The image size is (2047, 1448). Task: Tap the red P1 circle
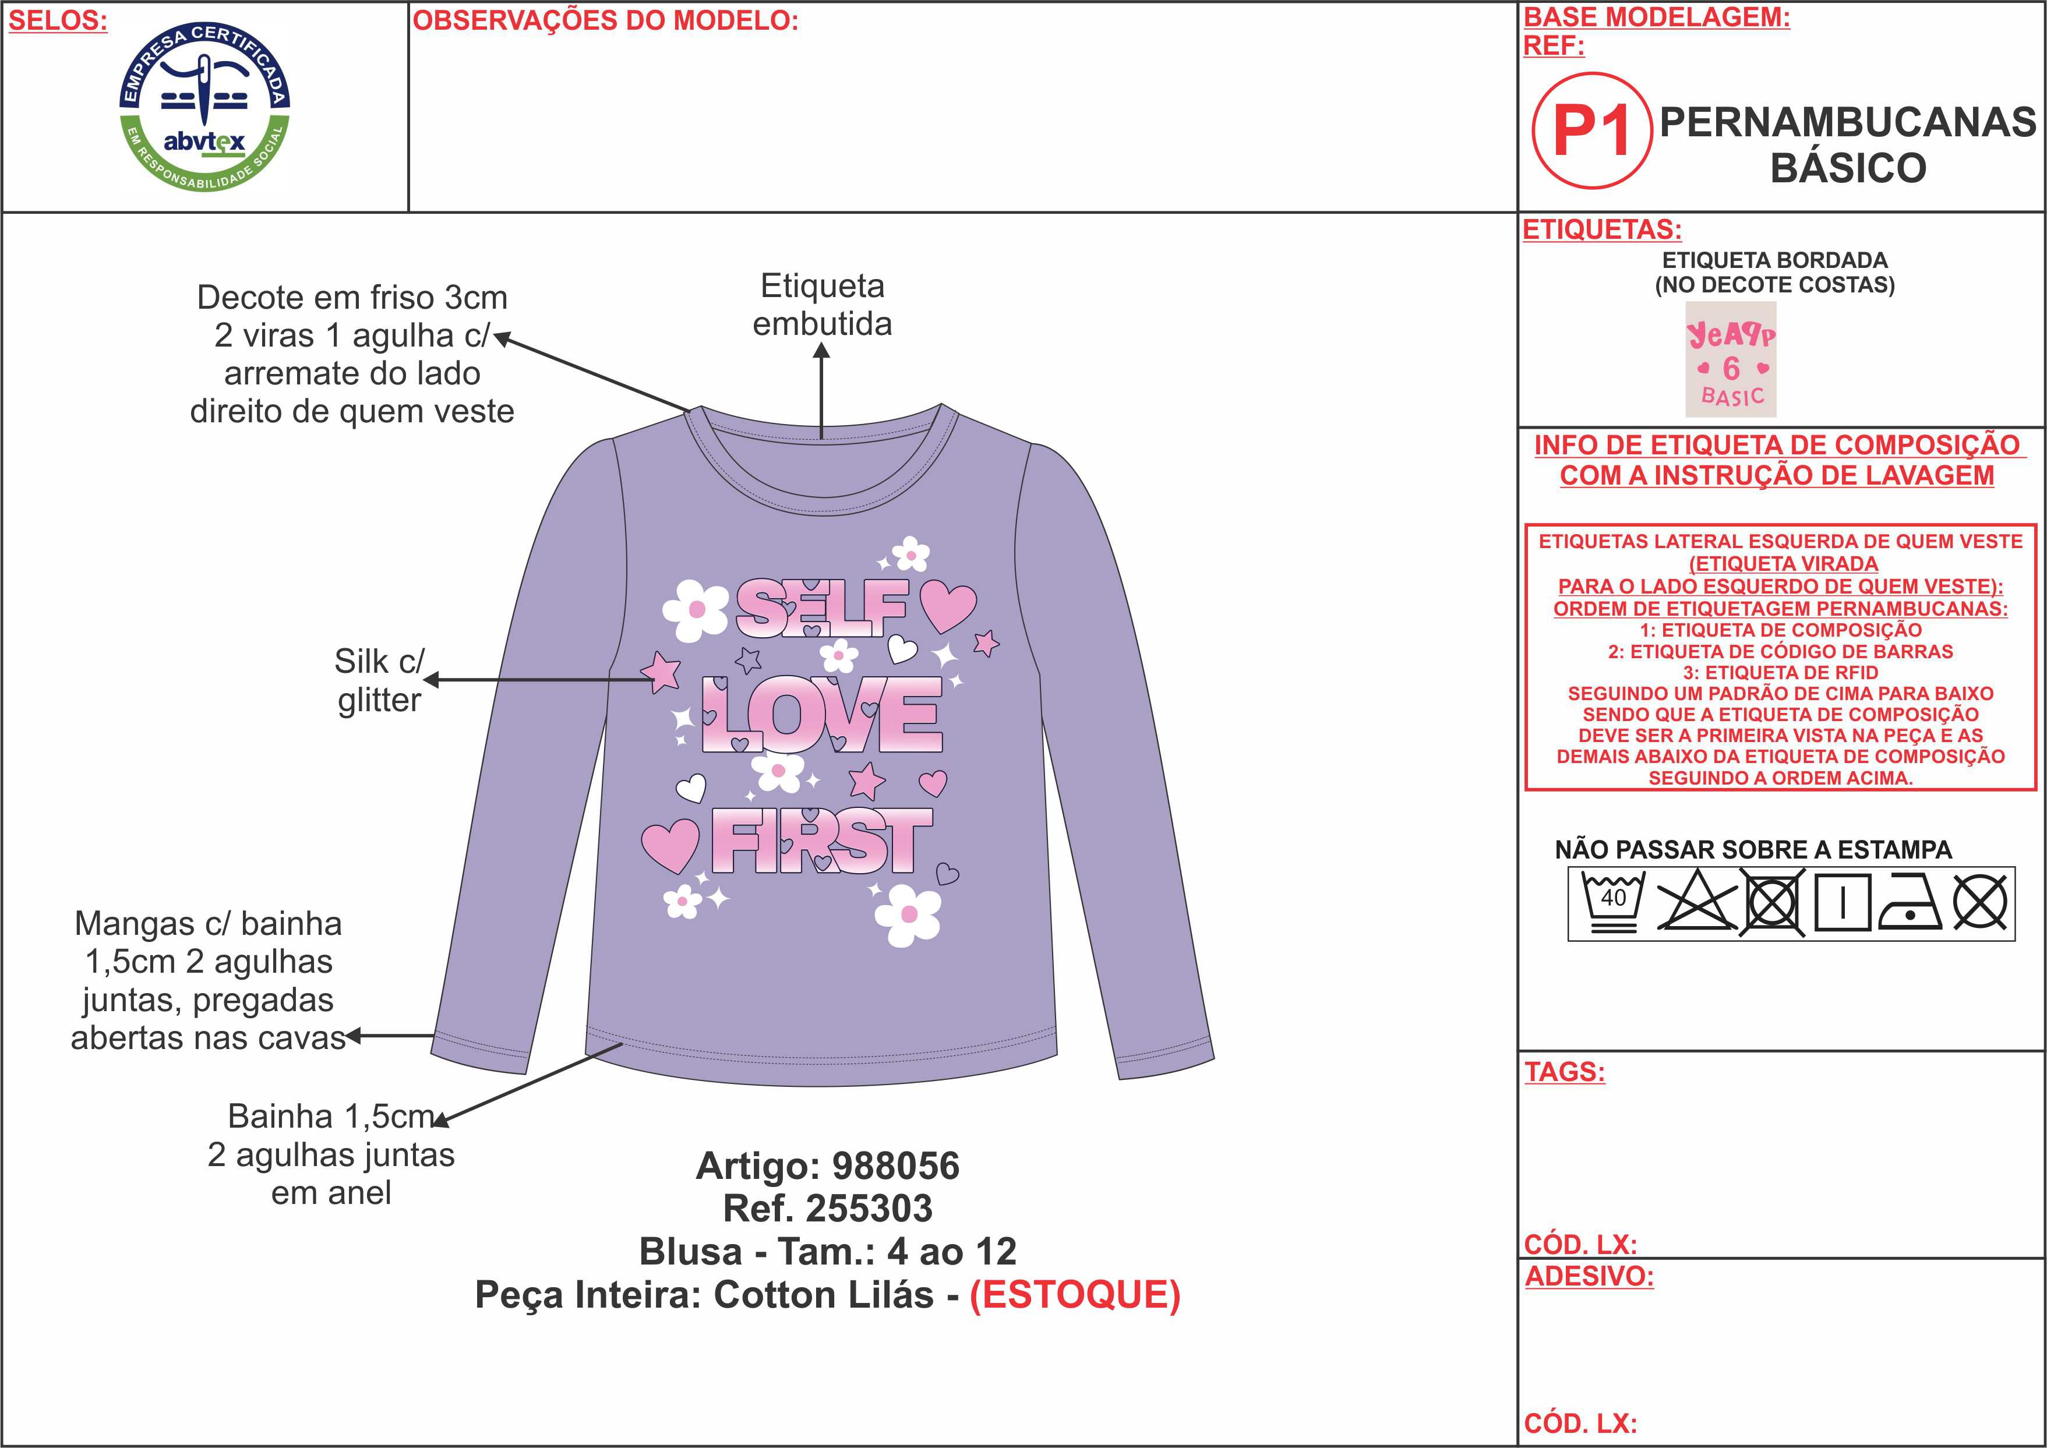1591,130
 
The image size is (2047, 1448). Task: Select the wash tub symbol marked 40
1613,902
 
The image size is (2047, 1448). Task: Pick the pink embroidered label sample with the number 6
1731,359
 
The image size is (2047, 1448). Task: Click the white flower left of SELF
696,610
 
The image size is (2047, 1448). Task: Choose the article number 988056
895,1166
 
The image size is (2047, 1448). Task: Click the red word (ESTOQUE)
1075,1295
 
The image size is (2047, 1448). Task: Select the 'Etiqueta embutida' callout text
822,305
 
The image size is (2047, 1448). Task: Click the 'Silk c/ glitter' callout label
379,680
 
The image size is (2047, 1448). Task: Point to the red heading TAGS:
1565,1072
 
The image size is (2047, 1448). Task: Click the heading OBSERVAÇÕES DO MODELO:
605,20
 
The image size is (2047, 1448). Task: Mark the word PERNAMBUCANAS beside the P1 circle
1848,122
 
